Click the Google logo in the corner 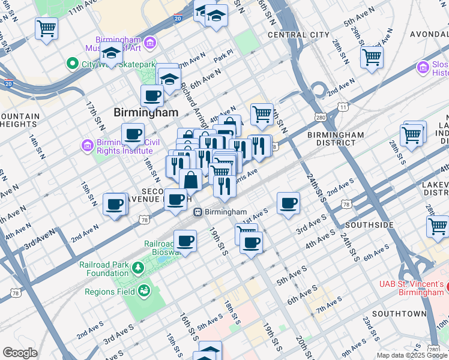pos(20,353)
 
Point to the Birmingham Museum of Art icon pos(149,42)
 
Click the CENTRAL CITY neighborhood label pos(298,35)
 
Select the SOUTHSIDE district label pos(370,225)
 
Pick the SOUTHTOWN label pos(399,314)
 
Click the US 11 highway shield pos(342,106)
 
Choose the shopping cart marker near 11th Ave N pos(46,28)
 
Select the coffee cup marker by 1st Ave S pos(288,203)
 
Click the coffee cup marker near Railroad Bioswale pos(185,241)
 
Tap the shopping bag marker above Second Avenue pos(190,179)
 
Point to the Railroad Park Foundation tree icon pos(138,266)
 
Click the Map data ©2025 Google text pos(412,355)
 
